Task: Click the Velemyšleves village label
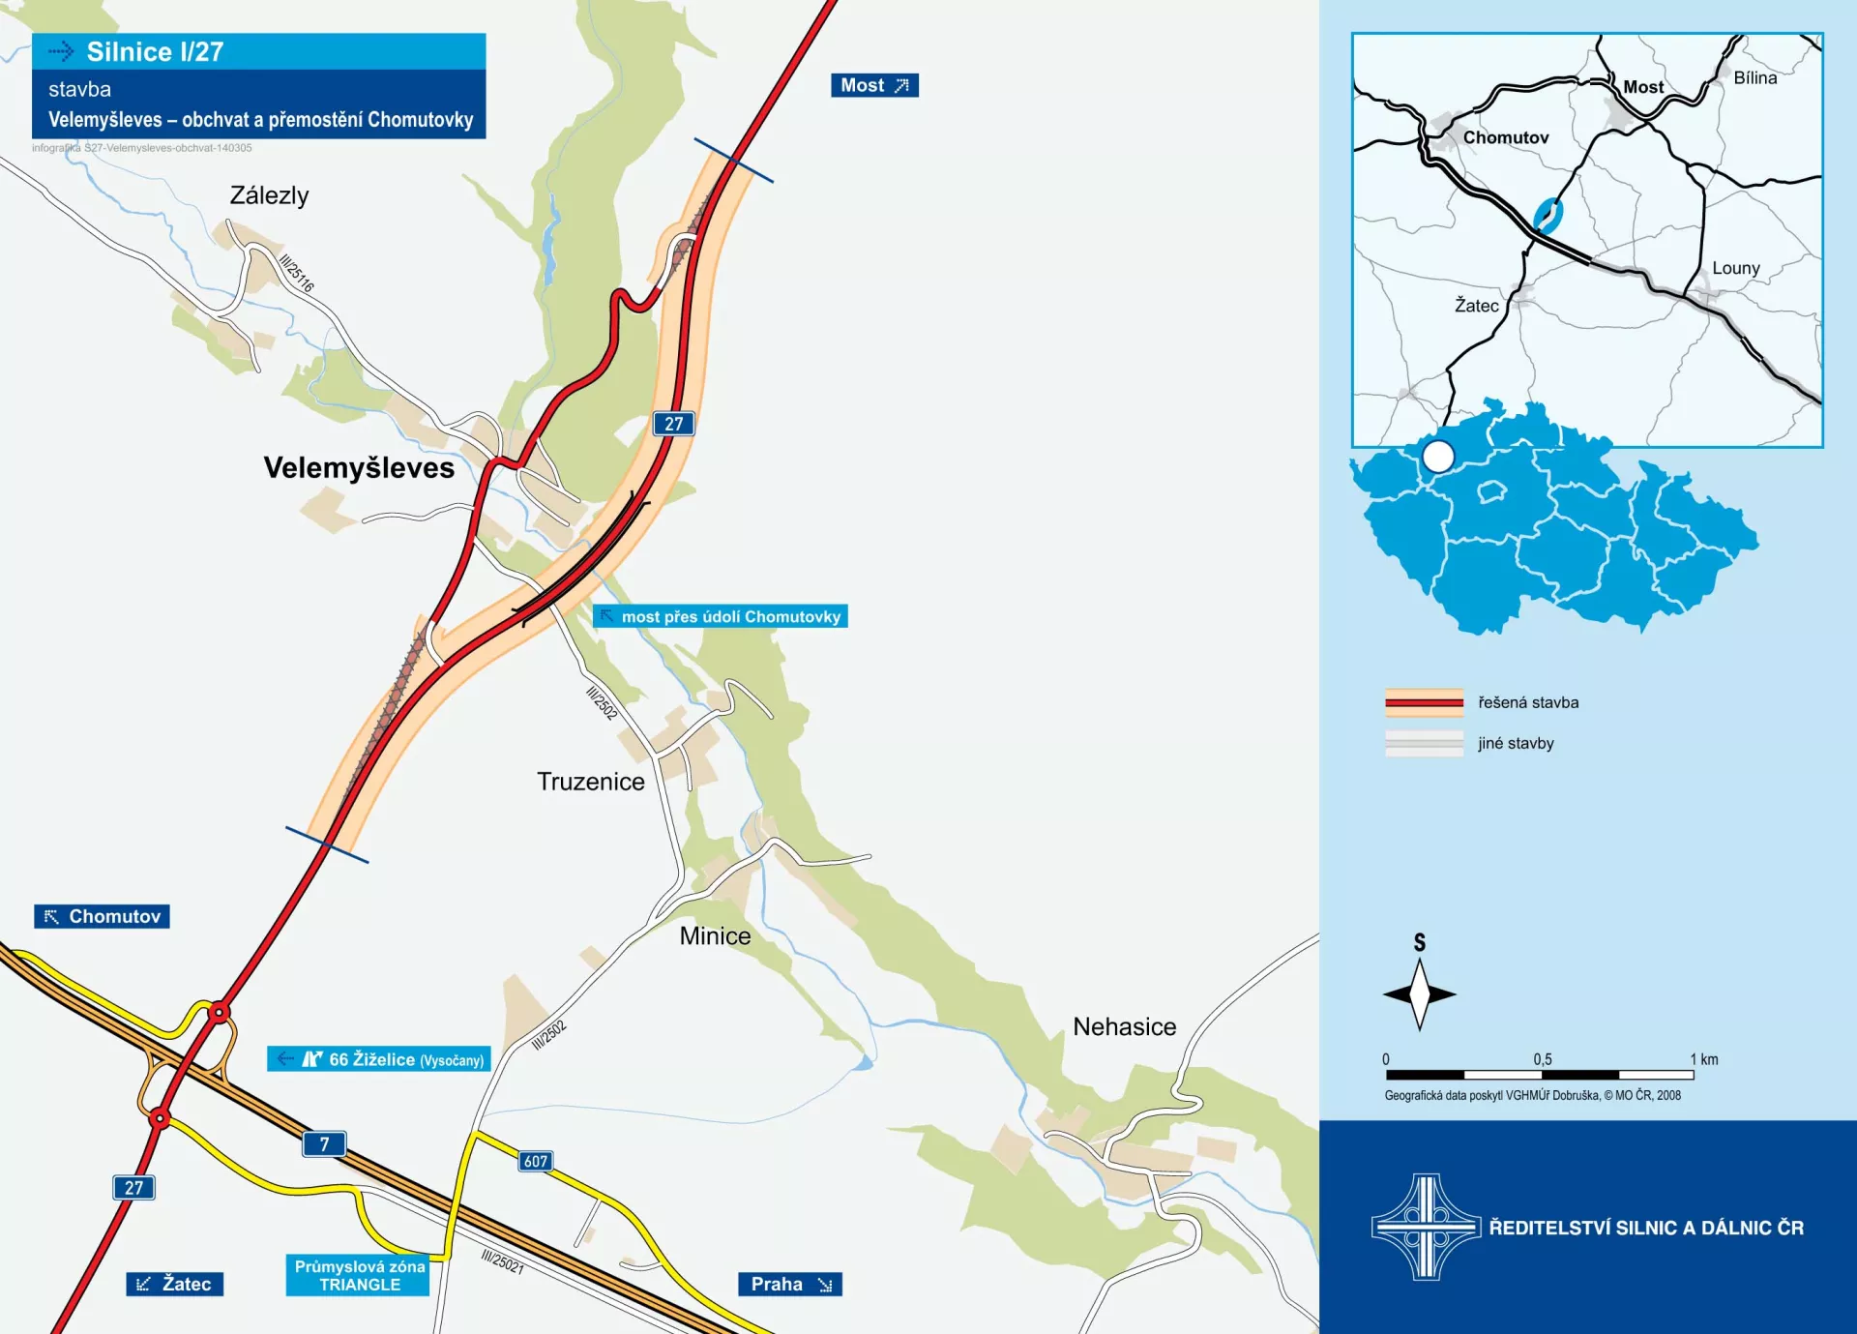click(359, 468)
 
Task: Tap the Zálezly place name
click(269, 195)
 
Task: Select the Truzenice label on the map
click(590, 782)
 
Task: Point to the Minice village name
click(715, 935)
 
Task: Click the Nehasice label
click(1124, 1026)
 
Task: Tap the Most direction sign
click(874, 85)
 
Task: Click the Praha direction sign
click(789, 1284)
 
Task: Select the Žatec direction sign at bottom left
click(175, 1284)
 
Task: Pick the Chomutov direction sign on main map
click(103, 916)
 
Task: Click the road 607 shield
click(536, 1161)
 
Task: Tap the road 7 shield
click(324, 1144)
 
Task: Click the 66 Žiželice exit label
click(379, 1059)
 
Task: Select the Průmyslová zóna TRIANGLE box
click(359, 1275)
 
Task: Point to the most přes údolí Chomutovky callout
click(721, 616)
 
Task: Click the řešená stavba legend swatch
click(1424, 702)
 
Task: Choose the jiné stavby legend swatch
click(1424, 743)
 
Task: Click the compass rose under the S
click(1419, 993)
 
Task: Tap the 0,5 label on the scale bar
click(1542, 1059)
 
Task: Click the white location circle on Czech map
click(1438, 456)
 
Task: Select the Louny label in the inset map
click(1735, 268)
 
